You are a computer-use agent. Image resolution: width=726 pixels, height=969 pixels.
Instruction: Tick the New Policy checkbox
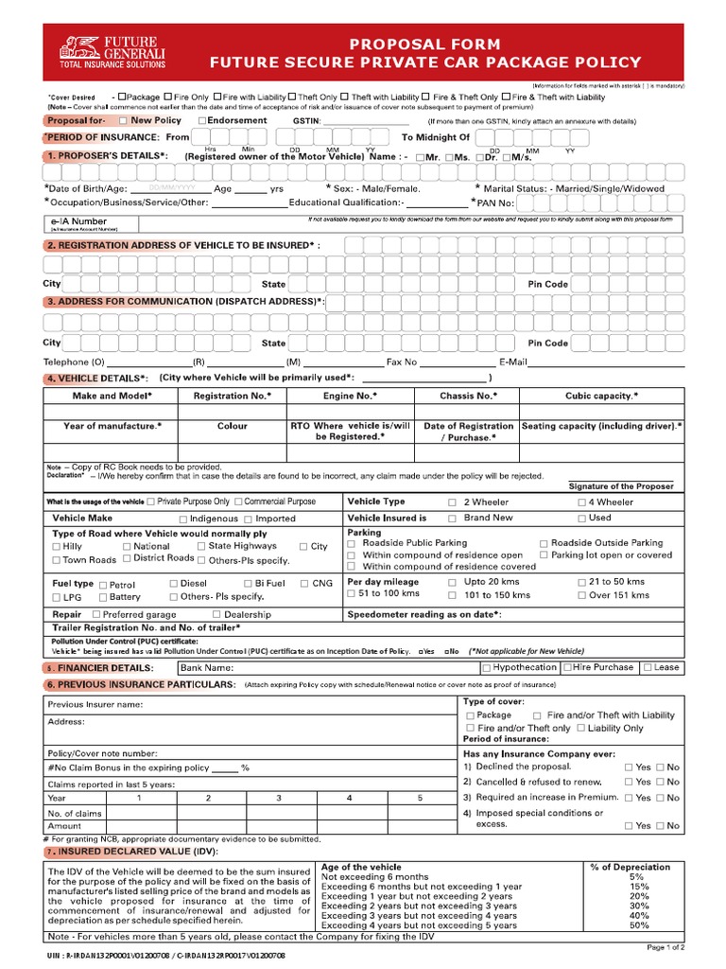tap(123, 121)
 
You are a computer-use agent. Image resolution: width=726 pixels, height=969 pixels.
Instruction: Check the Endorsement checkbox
tap(202, 121)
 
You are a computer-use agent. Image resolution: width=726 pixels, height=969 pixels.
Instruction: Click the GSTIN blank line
tap(367, 122)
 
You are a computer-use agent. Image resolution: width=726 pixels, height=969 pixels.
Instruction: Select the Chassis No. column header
tap(467, 396)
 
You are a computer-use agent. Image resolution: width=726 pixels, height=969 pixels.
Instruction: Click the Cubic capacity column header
tap(601, 396)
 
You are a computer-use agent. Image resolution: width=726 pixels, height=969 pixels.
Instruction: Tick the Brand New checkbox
tap(452, 519)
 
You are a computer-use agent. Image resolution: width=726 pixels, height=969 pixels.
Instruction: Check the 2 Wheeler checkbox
tap(452, 502)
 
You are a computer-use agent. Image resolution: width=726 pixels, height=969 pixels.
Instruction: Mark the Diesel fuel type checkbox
tap(173, 584)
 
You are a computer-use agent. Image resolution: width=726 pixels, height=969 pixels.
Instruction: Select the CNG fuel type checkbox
tap(303, 584)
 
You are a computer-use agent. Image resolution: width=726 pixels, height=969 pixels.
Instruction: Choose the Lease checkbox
tap(647, 668)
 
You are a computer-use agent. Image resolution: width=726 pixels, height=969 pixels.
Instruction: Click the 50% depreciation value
tap(639, 925)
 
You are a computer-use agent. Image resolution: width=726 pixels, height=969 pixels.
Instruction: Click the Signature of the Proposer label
tap(621, 486)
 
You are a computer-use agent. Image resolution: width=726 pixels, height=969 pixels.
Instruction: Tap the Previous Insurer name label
tap(95, 705)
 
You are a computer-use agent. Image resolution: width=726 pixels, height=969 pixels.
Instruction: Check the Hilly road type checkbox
tap(56, 547)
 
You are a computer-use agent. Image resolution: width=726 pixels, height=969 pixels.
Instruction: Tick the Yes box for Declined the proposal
tap(630, 767)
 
